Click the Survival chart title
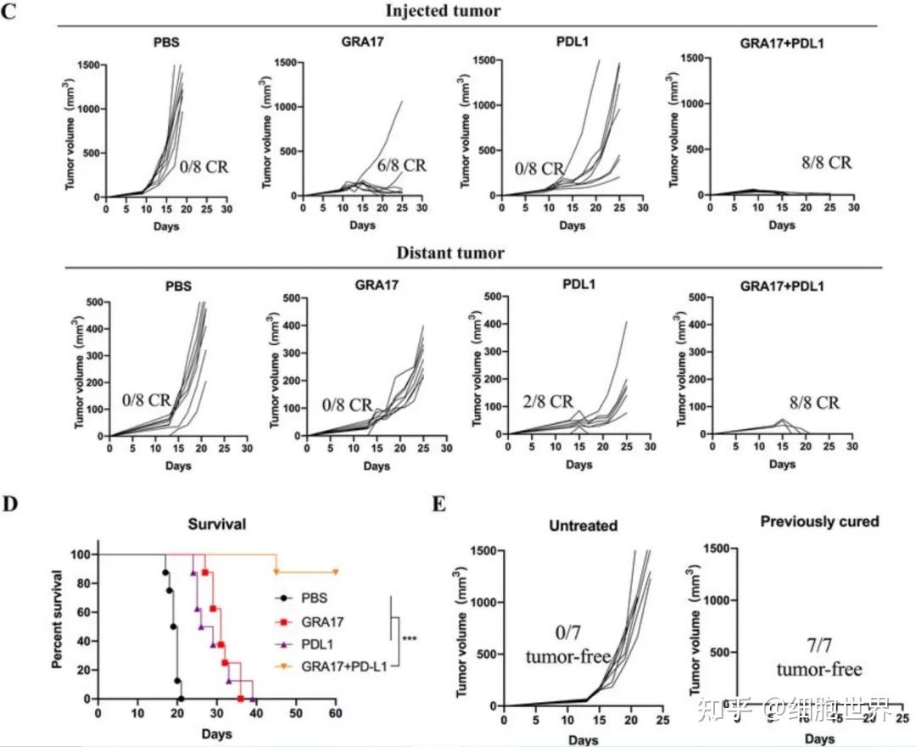(216, 524)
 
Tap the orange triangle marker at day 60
(336, 572)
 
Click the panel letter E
(439, 504)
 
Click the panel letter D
(11, 504)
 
